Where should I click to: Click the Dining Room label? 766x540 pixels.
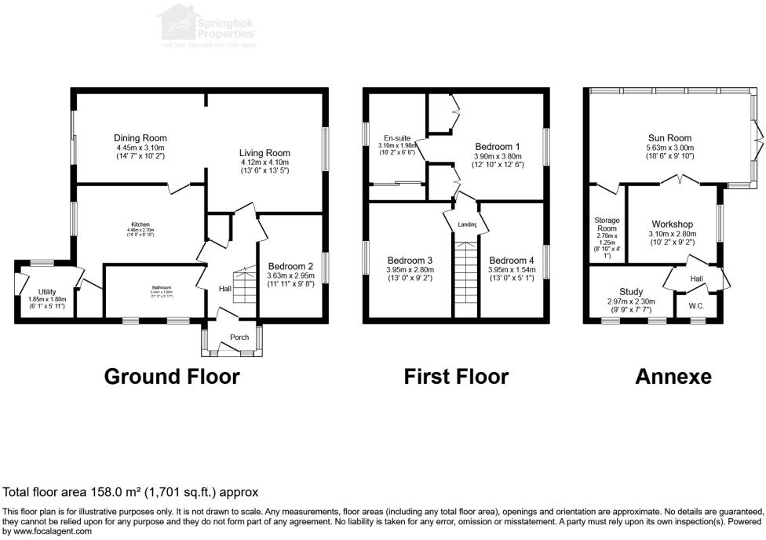[x=140, y=138]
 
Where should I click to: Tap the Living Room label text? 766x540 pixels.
[x=264, y=153]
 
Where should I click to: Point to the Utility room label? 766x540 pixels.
[x=46, y=292]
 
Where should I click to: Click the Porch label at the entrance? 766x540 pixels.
[x=239, y=337]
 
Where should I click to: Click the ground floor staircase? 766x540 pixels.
[x=246, y=286]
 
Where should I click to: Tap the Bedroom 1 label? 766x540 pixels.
[x=498, y=146]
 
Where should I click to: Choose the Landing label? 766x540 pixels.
[x=468, y=225]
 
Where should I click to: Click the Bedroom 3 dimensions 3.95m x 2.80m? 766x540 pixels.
[x=409, y=270]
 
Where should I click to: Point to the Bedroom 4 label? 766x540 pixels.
[x=511, y=261]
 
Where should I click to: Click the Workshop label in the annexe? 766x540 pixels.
[x=673, y=224]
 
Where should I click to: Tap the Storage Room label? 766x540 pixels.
[x=607, y=226]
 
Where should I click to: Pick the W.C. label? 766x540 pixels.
[x=696, y=306]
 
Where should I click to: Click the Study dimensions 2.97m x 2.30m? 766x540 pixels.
[x=631, y=301]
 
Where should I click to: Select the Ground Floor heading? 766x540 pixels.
[x=172, y=377]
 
